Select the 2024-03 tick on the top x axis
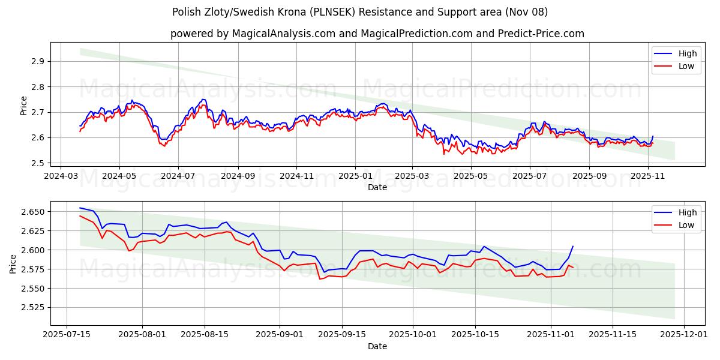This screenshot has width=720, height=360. click(61, 176)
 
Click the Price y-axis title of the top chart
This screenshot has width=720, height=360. click(23, 106)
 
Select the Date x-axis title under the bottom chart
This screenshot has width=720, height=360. click(377, 346)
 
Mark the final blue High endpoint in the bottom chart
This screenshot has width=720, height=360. click(573, 246)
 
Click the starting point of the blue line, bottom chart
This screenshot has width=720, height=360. click(80, 208)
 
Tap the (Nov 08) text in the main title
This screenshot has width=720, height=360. click(526, 12)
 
